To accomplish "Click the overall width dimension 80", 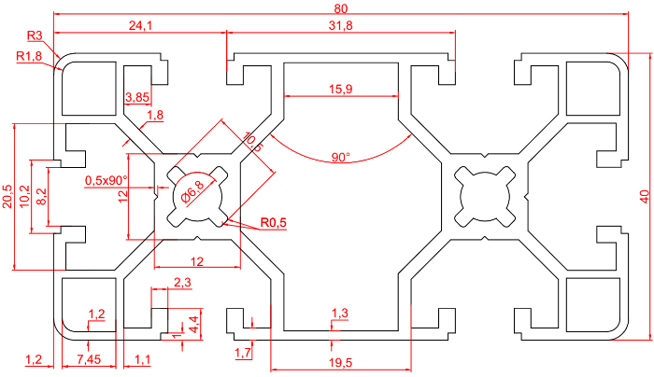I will [x=340, y=8].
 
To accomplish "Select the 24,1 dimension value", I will [x=140, y=25].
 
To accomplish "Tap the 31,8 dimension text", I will [x=340, y=25].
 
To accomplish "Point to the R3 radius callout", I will [x=36, y=36].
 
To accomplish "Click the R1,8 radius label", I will [x=31, y=57].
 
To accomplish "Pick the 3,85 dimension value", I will [x=137, y=97].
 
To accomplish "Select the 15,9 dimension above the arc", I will [x=341, y=90].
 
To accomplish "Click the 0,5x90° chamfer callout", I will [x=106, y=180].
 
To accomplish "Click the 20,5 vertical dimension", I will [x=9, y=195].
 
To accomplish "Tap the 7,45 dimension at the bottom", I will [x=89, y=358].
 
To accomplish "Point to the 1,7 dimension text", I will [x=243, y=352].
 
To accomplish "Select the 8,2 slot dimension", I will [x=40, y=195].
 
